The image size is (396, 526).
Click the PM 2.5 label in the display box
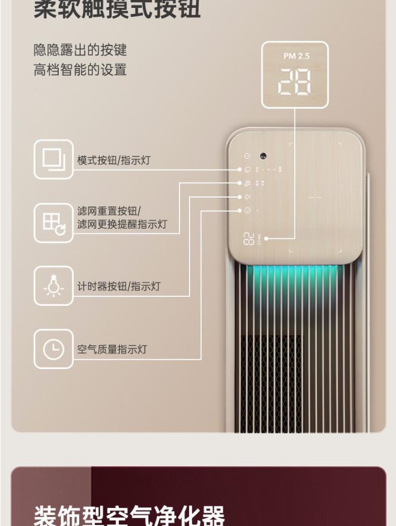[x=295, y=56]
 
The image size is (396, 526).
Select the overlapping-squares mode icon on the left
[x=53, y=159]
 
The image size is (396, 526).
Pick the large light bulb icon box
[x=53, y=286]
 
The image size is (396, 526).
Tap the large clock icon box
[x=53, y=349]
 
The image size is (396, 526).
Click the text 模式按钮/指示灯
[x=114, y=160]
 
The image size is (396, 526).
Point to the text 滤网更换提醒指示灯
[x=122, y=224]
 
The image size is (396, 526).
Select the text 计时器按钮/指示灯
[x=119, y=286]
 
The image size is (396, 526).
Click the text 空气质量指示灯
[x=112, y=349]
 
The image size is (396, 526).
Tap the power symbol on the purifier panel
[x=247, y=156]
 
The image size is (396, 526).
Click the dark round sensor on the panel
[x=262, y=156]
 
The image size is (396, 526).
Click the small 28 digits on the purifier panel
[x=249, y=239]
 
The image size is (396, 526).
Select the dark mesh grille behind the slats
[x=272, y=370]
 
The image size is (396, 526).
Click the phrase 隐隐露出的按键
[x=80, y=50]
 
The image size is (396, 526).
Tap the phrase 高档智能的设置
[x=80, y=69]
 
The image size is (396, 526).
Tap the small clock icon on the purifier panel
[x=247, y=210]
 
